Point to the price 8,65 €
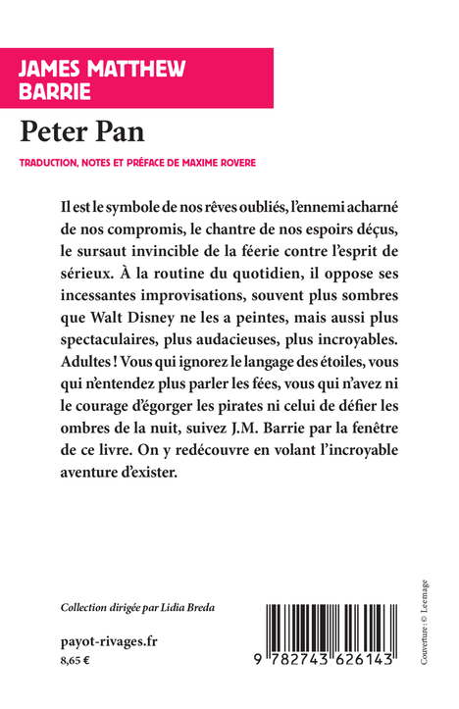click(x=75, y=662)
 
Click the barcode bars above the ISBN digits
click(x=332, y=630)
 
